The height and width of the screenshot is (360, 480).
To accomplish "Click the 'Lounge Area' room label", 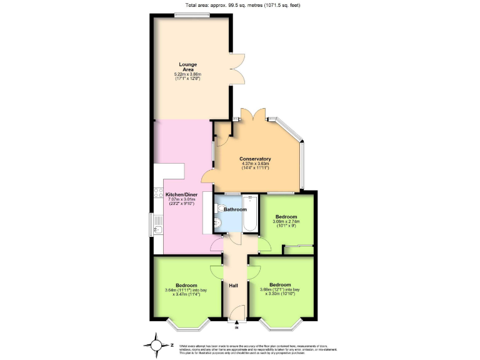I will tap(187, 67).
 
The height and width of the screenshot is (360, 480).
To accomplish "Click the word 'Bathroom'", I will tap(236, 209).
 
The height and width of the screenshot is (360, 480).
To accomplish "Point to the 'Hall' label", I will tap(233, 286).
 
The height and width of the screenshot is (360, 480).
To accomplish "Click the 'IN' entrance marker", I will tap(236, 327).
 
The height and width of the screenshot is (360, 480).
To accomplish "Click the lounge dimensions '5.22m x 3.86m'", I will tap(187, 75).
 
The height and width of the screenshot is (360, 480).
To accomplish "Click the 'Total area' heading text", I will tap(240, 4).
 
